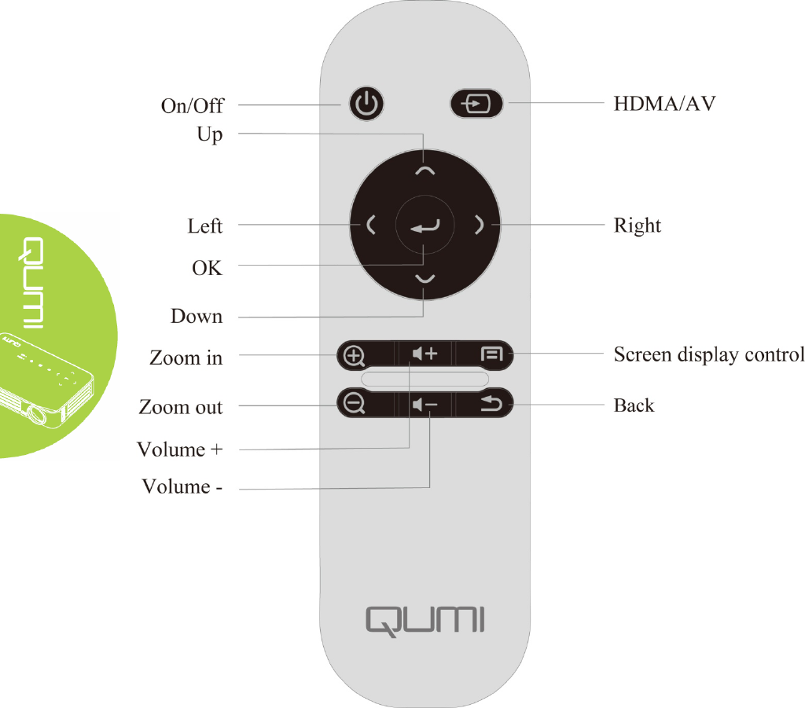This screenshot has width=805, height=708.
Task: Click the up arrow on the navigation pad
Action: pos(425,170)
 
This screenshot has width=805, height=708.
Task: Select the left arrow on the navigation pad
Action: pos(370,226)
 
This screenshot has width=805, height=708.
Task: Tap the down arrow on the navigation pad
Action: pos(425,280)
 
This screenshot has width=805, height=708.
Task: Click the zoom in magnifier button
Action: pos(355,355)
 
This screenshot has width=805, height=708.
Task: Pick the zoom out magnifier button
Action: pos(355,404)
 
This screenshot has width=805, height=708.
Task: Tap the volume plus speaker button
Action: pos(425,355)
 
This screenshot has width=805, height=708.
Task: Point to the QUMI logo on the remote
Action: pos(425,619)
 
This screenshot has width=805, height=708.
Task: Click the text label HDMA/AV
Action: pos(664,104)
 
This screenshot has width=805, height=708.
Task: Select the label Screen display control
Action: pos(708,354)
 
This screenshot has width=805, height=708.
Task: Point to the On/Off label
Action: pos(192,106)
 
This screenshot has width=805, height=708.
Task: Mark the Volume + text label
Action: pos(180,449)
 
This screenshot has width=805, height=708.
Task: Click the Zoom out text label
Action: pos(181,407)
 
